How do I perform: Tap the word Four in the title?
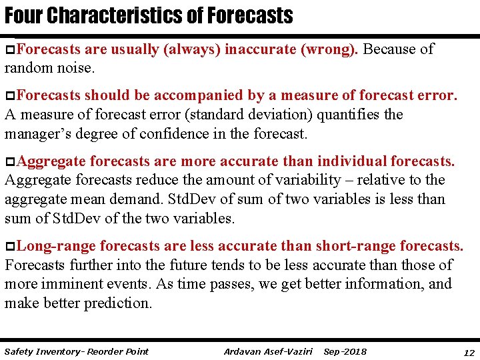[x=21, y=15]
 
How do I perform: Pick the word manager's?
[x=39, y=133]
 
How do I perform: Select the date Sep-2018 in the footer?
[x=345, y=351]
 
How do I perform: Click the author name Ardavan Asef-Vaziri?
[x=268, y=351]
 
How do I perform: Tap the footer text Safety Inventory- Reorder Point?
[x=76, y=351]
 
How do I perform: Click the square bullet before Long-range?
[x=9, y=247]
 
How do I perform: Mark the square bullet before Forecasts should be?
[x=9, y=97]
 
